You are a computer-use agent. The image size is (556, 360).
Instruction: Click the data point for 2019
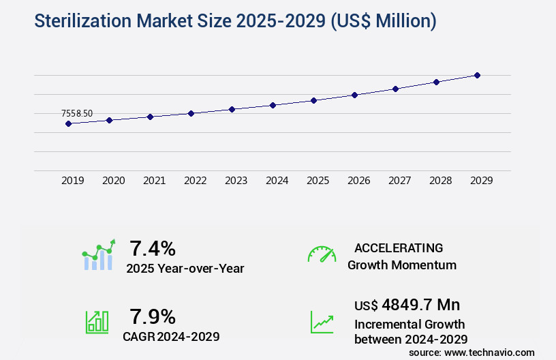[68, 123]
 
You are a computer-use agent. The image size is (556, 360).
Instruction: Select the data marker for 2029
[477, 75]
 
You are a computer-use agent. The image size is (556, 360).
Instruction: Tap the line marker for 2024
[273, 105]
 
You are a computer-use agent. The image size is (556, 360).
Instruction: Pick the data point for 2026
[354, 95]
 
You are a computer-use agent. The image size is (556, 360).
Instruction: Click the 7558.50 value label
[77, 113]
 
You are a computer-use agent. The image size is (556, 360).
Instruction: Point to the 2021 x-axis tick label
[155, 181]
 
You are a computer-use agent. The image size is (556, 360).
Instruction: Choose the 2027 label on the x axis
[400, 181]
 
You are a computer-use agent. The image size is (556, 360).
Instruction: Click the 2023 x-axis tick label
[236, 181]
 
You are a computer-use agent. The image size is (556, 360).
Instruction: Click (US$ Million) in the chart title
[383, 21]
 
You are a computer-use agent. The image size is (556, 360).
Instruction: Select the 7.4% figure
[153, 247]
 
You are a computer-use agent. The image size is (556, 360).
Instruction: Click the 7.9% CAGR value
[153, 316]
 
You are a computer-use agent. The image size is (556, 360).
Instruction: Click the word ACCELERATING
[399, 248]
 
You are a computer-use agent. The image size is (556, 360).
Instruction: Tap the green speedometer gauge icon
[322, 254]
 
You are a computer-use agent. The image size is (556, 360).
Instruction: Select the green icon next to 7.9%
[97, 322]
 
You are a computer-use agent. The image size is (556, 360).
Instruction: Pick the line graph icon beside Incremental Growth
[322, 322]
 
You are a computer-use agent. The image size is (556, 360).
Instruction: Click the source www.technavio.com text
[472, 352]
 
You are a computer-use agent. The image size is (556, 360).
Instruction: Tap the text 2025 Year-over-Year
[185, 269]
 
